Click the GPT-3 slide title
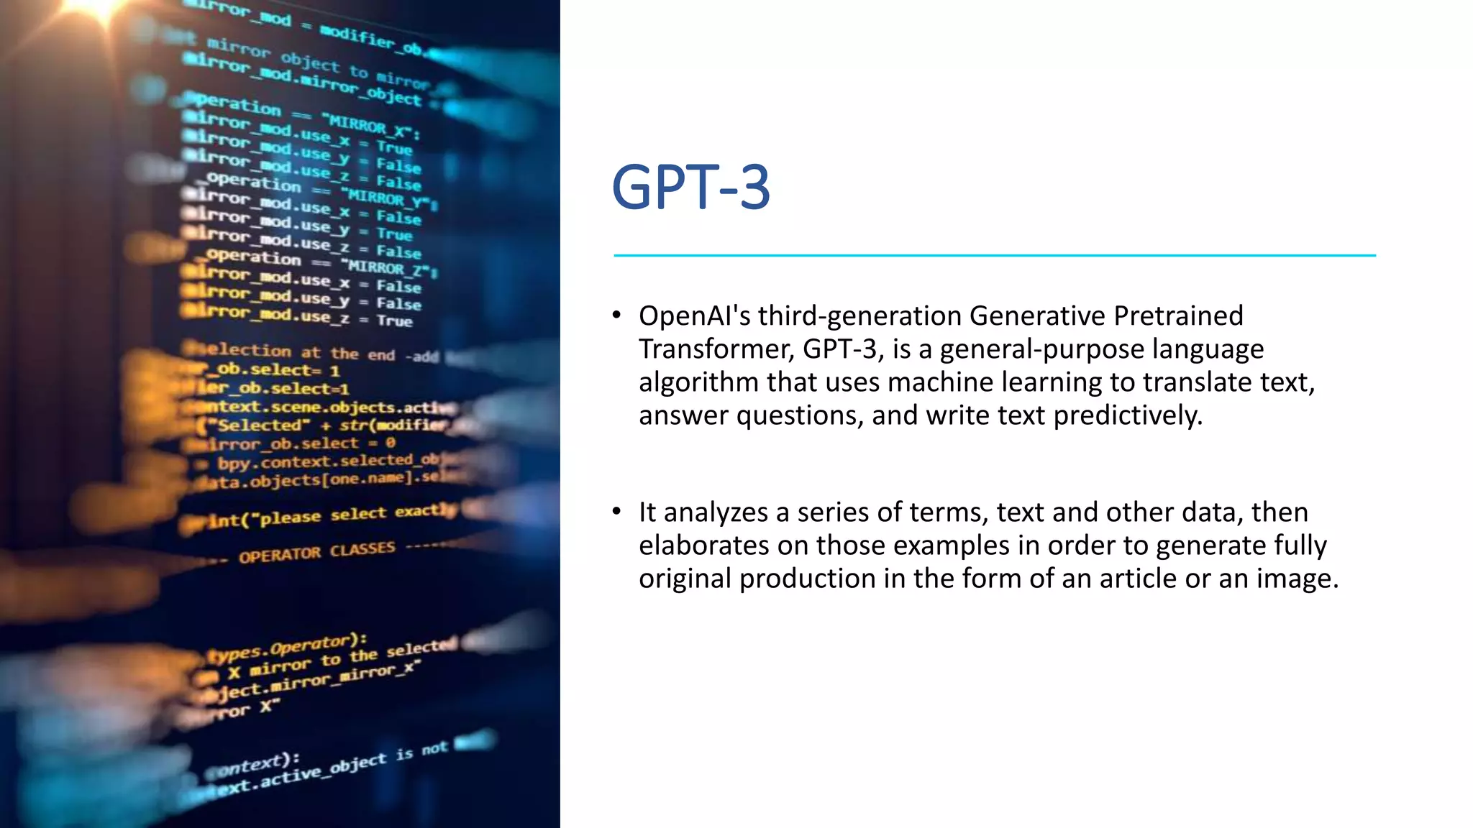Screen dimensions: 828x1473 [x=690, y=188]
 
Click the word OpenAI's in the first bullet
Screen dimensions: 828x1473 [x=694, y=316]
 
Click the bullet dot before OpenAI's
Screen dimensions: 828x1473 [x=616, y=315]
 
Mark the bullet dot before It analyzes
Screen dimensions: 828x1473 [x=616, y=511]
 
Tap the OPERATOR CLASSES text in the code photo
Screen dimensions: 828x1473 [x=316, y=553]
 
